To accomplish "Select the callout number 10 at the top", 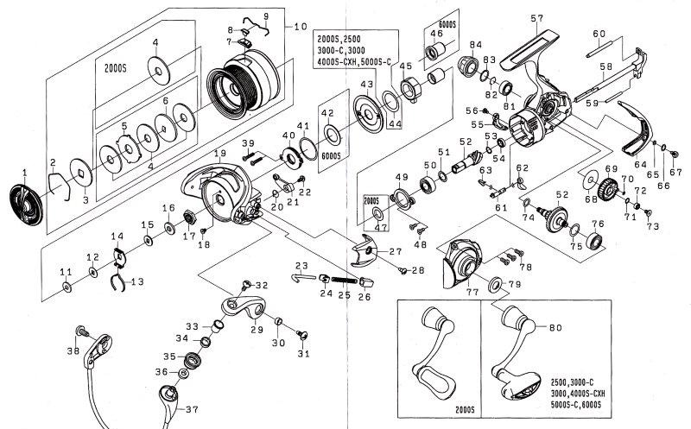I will pos(301,26).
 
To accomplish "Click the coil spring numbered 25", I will pos(342,280).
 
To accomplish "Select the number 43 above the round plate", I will pos(367,83).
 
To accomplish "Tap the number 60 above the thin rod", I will pos(598,34).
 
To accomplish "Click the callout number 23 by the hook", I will pos(301,264).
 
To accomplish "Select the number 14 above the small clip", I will pos(117,236).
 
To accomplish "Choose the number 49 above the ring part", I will pos(400,177).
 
